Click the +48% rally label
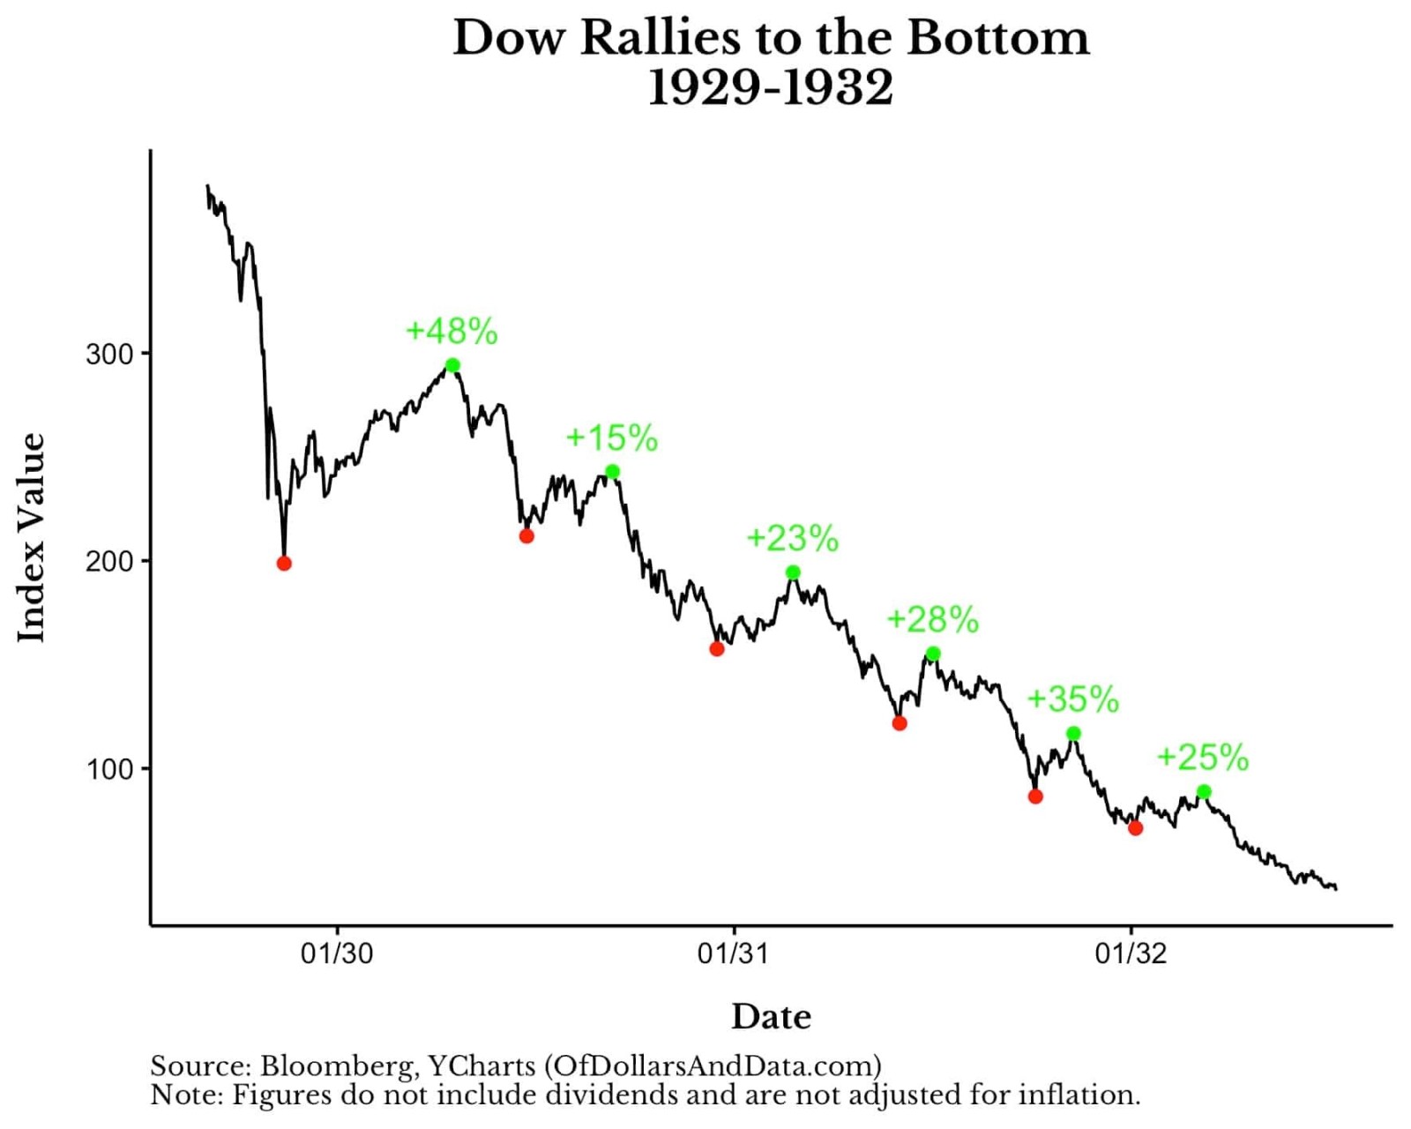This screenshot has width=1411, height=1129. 452,332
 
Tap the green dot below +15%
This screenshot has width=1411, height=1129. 612,472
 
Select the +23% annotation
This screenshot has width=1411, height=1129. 792,538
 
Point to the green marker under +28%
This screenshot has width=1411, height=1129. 933,654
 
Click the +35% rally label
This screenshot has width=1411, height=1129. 1072,699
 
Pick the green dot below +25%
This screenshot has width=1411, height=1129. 1204,792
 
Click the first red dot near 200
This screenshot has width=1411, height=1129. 284,564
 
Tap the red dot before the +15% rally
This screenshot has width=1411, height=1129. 526,536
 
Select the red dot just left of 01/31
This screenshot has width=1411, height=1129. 717,649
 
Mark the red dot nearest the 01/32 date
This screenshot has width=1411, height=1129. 1136,828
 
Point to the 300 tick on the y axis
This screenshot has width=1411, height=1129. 109,355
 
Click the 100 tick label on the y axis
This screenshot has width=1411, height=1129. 109,769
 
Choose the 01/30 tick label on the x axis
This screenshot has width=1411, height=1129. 337,953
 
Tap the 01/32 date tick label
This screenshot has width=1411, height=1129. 1131,953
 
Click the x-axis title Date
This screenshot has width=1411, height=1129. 771,1017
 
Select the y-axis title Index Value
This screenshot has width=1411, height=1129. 32,538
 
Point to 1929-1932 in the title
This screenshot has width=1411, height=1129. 770,87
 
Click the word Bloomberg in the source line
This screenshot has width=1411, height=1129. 336,1066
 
